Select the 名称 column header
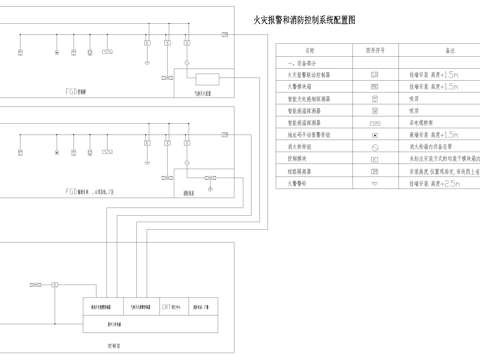tap(309, 49)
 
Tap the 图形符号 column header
tap(375, 49)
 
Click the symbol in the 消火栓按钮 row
tap(374, 146)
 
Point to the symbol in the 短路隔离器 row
tap(374, 170)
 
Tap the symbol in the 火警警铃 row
tap(374, 182)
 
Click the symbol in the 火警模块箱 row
tap(374, 86)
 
